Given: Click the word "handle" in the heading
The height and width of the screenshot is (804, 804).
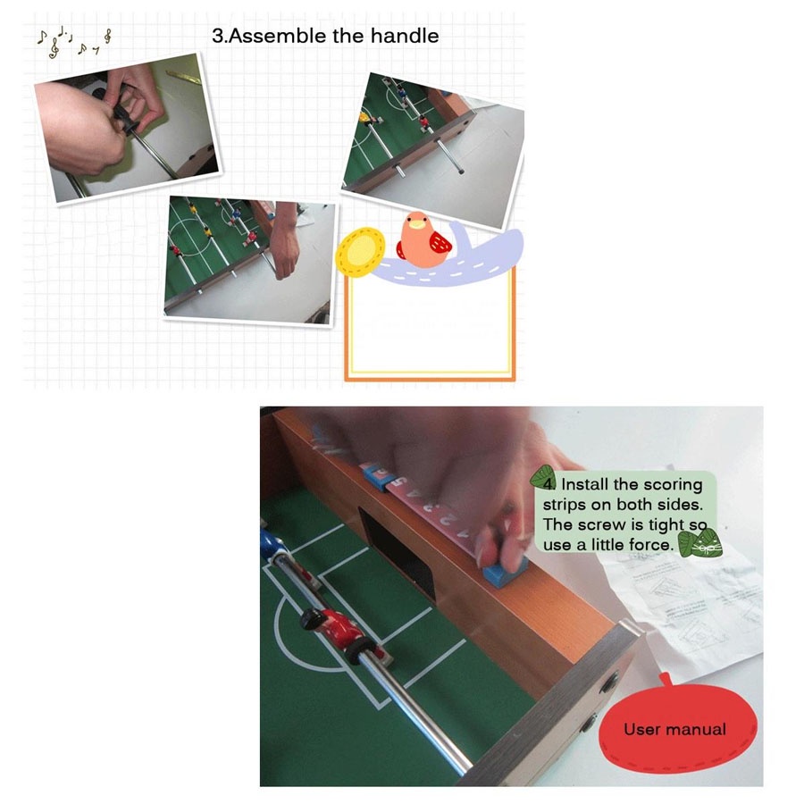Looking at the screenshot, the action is click(405, 36).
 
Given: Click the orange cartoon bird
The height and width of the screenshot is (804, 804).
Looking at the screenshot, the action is click(423, 239).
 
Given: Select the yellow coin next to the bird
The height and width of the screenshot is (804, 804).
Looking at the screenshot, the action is click(360, 252).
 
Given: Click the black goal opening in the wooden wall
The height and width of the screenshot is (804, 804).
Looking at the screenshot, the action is click(397, 554).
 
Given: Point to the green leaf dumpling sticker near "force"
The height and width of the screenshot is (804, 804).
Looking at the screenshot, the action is click(700, 543).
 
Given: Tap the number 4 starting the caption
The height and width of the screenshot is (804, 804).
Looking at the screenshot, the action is click(549, 484).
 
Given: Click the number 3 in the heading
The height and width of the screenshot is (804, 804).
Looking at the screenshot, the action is click(218, 36).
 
